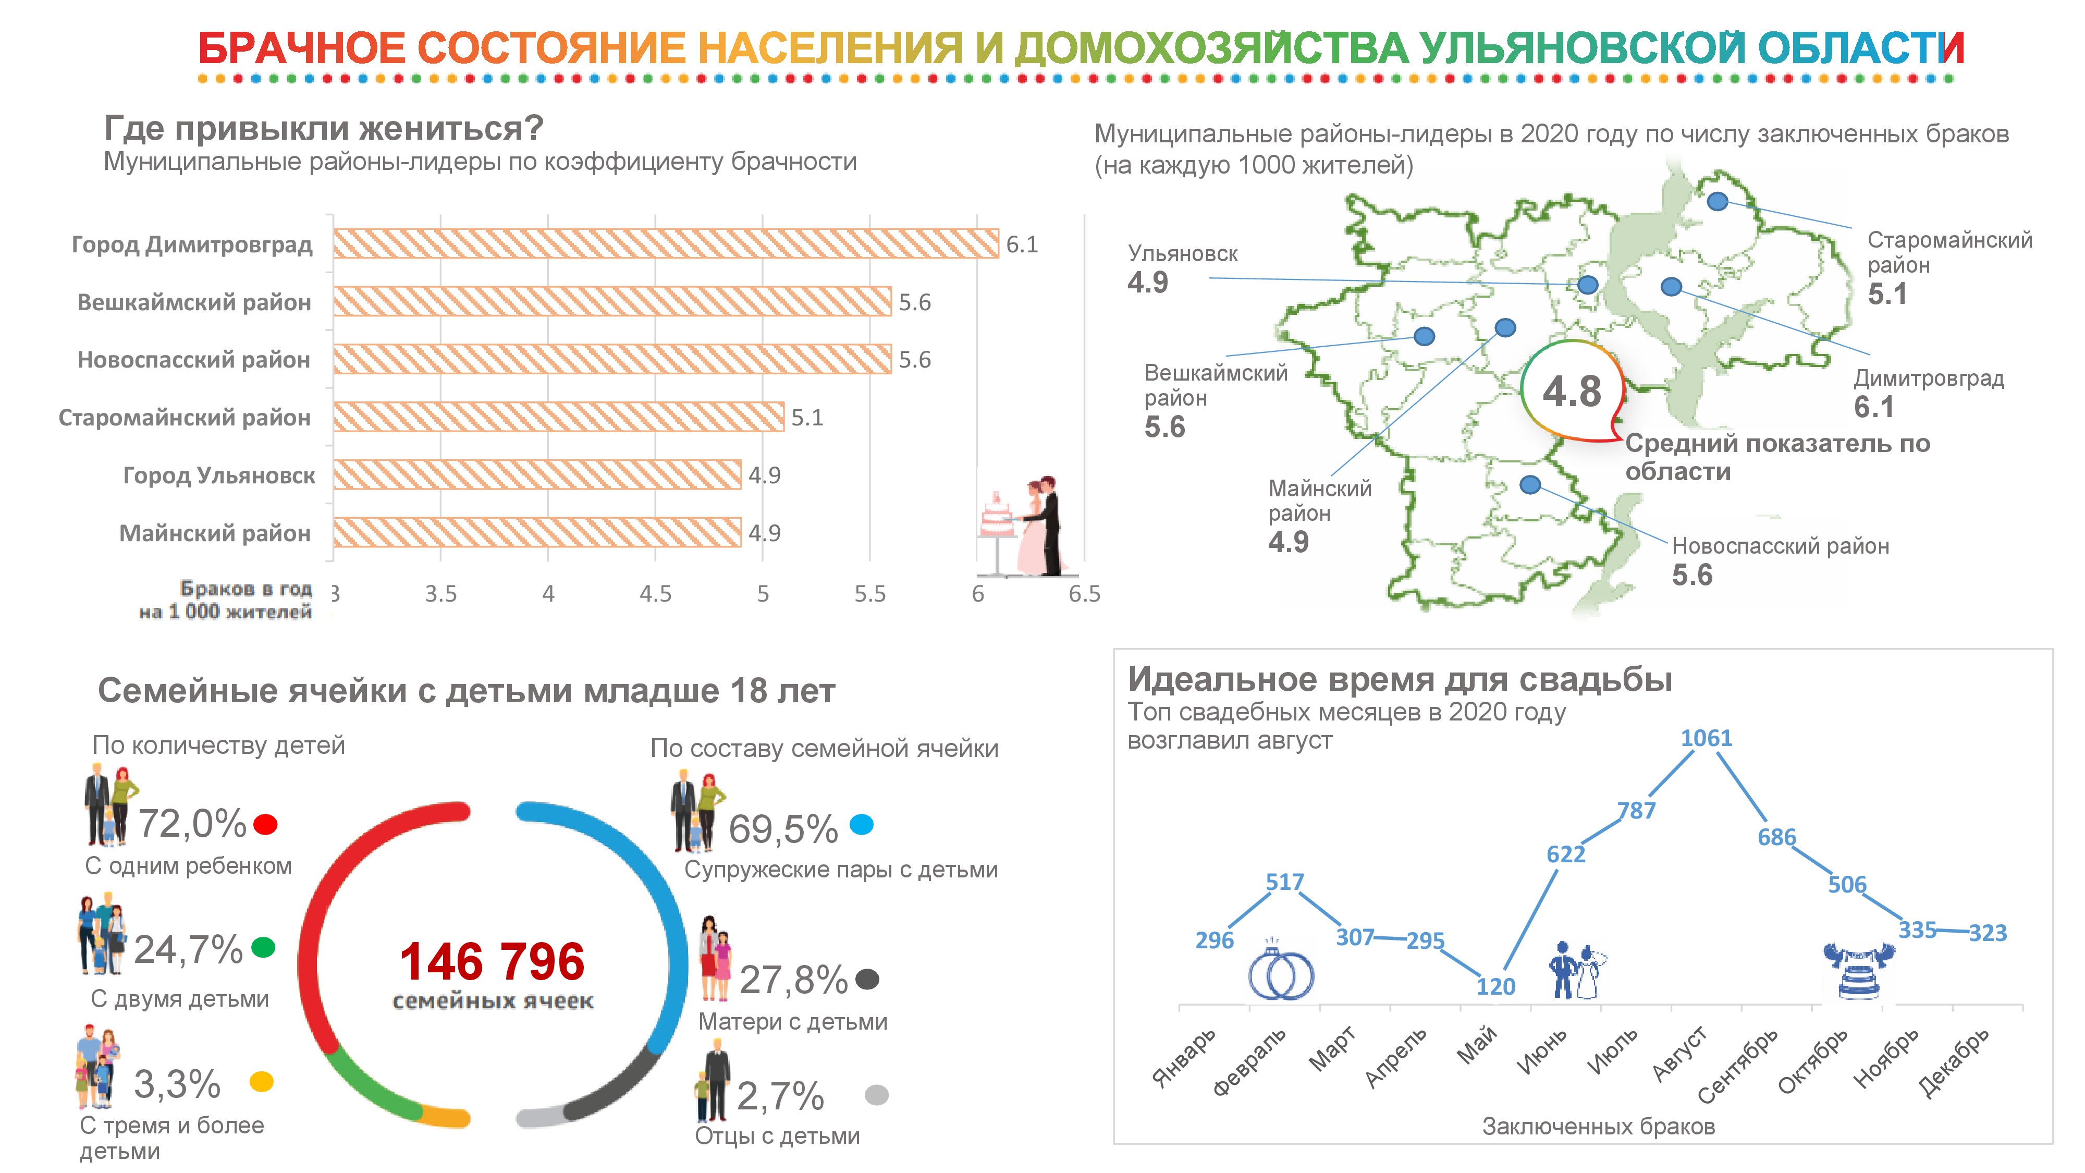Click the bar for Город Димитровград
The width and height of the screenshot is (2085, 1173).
click(x=666, y=243)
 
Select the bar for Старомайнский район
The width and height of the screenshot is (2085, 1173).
click(x=558, y=417)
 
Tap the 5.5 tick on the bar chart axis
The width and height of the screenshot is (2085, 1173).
click(x=870, y=594)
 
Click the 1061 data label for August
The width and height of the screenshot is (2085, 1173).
click(x=1706, y=738)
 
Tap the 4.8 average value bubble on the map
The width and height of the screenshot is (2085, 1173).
click(x=1572, y=392)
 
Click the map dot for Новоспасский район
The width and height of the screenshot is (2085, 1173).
click(x=1530, y=485)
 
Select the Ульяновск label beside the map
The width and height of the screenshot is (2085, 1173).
click(x=1183, y=254)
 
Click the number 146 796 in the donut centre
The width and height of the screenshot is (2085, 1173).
click(x=492, y=962)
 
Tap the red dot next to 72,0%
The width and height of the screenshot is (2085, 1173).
click(x=265, y=825)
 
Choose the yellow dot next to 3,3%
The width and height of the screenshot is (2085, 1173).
click(x=262, y=1082)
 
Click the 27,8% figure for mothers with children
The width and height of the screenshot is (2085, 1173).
click(x=793, y=980)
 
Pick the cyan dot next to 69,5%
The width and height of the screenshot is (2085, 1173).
click(x=861, y=825)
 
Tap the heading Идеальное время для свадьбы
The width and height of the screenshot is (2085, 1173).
click(x=1400, y=679)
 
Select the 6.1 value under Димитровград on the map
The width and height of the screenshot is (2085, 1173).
click(x=1874, y=407)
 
